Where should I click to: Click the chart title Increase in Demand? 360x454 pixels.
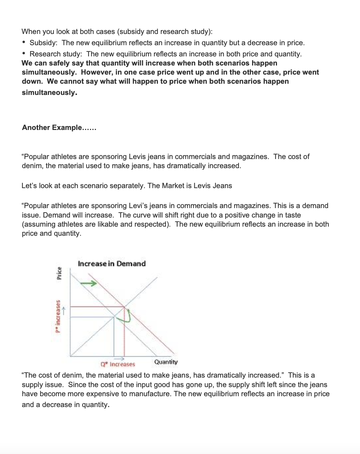tap(111, 263)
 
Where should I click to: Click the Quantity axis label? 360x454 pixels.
tap(166, 362)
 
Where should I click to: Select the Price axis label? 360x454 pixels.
tap(59, 273)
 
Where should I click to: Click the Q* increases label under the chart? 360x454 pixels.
tap(118, 364)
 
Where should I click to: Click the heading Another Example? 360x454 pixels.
tap(59, 128)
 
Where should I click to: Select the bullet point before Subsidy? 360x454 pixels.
tap(24, 43)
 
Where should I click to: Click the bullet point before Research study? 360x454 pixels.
tap(24, 54)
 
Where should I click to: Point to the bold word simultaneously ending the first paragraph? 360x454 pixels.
tap(49, 92)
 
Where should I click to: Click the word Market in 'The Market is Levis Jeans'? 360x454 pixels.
tap(173, 186)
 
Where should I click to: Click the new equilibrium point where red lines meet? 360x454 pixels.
tap(125, 307)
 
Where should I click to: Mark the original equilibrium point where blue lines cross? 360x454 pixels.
tap(114, 317)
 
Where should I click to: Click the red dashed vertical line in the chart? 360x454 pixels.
tap(125, 336)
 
